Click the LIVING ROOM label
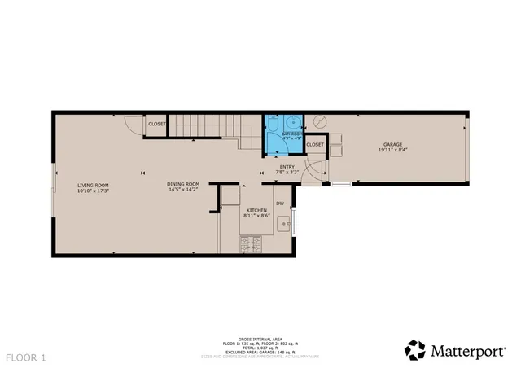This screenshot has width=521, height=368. tap(94, 185)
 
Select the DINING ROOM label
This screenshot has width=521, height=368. tap(183, 184)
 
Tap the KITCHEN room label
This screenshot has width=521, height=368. tap(256, 210)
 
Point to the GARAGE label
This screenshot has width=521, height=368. tap(392, 145)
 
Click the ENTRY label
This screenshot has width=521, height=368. tap(287, 166)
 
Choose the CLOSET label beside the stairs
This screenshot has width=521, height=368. tap(157, 124)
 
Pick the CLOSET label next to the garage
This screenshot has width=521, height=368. tap(315, 145)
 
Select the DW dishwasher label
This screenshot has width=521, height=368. tap(279, 203)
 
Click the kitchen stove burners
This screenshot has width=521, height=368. tap(251, 241)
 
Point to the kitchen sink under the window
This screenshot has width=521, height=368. tap(284, 221)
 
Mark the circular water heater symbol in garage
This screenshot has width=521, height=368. tap(320, 120)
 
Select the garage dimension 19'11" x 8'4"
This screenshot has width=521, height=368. tap(392, 151)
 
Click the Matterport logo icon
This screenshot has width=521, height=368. tap(415, 349)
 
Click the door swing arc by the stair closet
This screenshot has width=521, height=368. tap(130, 124)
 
